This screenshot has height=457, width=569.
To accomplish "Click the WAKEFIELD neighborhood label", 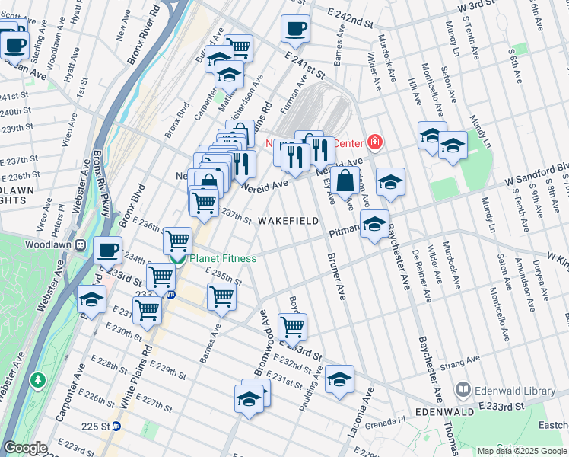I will [x=288, y=220].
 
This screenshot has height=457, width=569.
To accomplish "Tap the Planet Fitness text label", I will [x=222, y=258].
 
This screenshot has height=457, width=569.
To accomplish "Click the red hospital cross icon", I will [x=374, y=142].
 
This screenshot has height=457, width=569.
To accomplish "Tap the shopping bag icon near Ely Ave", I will [x=345, y=181].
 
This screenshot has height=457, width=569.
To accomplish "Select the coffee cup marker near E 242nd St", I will [x=295, y=29].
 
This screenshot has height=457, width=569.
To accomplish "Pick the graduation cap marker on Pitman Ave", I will [x=374, y=224].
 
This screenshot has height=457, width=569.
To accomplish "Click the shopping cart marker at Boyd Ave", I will [x=292, y=326].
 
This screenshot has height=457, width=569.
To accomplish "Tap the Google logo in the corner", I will [x=25, y=448].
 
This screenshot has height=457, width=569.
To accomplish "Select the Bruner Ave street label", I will [x=335, y=277].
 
